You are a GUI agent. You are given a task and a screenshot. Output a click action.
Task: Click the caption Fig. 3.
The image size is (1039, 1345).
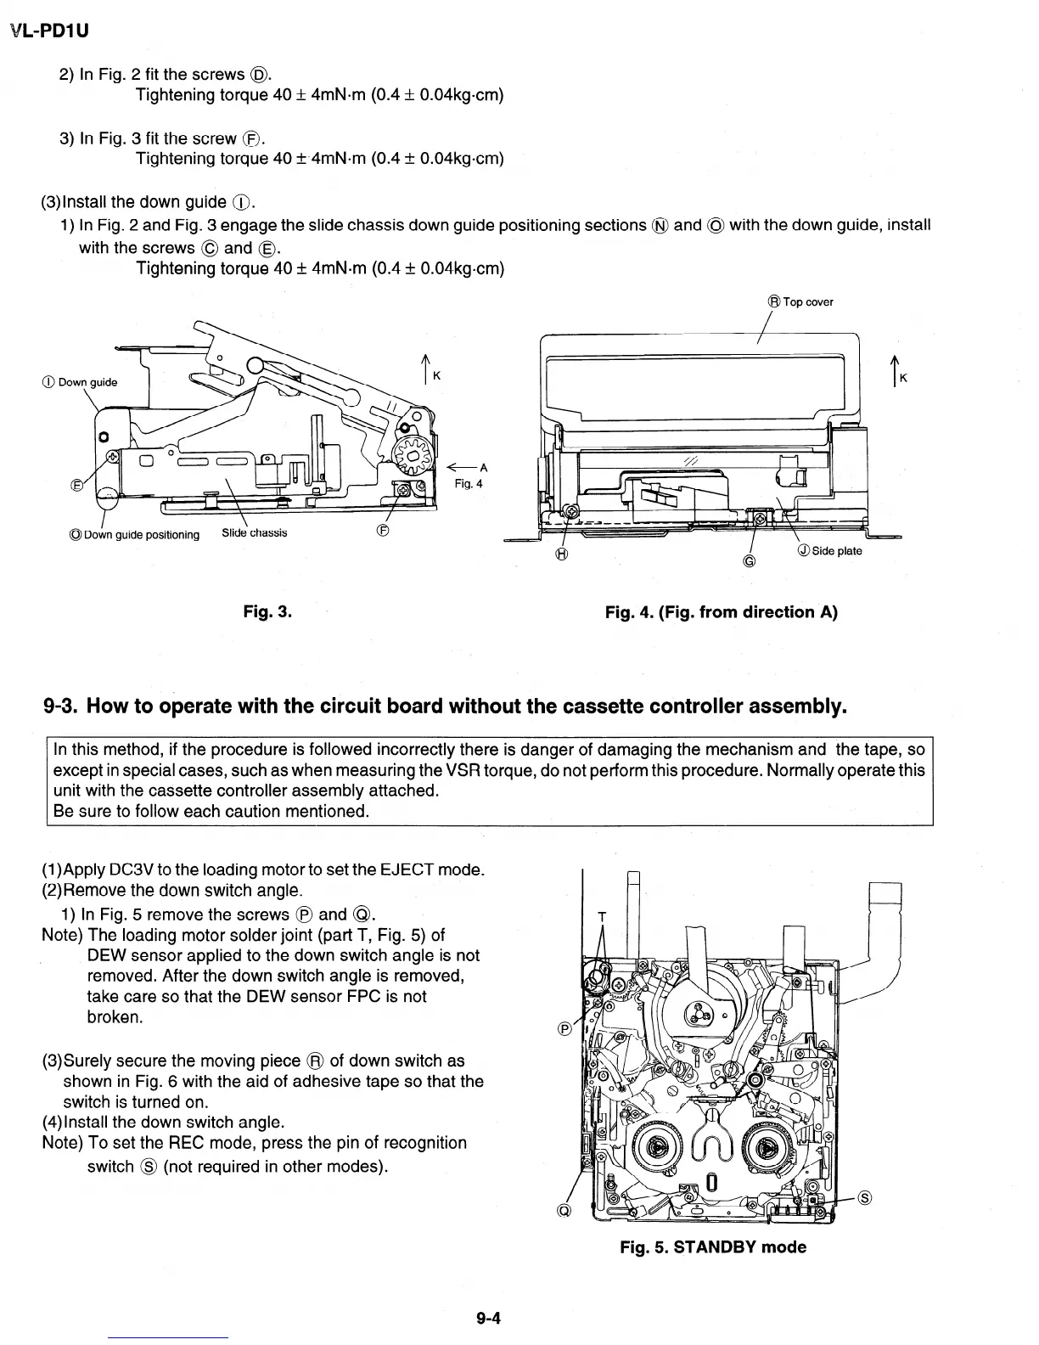pyautogui.click(x=267, y=611)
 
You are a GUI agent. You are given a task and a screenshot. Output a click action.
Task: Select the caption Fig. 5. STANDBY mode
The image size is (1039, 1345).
pyautogui.click(x=713, y=1247)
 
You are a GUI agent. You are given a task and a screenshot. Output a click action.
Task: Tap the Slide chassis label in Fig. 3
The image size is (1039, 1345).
pyautogui.click(x=254, y=533)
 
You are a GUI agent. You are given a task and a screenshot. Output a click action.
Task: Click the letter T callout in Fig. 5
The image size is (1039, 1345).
pyautogui.click(x=602, y=915)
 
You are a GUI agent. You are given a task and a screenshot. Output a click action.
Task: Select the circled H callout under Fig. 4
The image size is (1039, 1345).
pyautogui.click(x=561, y=555)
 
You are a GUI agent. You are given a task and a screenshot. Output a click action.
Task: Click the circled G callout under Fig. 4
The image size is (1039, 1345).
pyautogui.click(x=748, y=561)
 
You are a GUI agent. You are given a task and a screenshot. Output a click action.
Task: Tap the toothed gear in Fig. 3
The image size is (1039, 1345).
pyautogui.click(x=414, y=464)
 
